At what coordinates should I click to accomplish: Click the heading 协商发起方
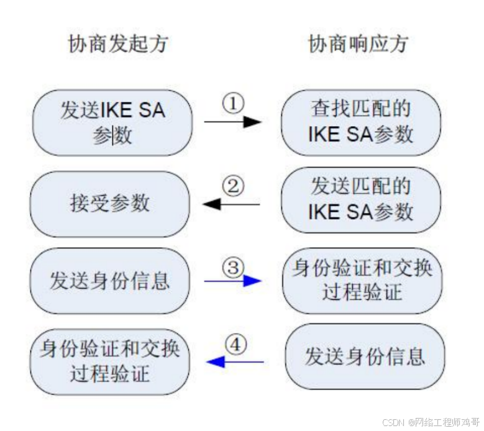[118, 44]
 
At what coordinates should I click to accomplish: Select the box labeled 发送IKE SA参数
[112, 122]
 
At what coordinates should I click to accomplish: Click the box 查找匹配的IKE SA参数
[360, 122]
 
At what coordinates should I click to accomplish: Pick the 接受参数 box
[110, 204]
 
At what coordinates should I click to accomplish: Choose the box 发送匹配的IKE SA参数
[360, 199]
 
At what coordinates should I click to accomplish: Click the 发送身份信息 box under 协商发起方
[110, 281]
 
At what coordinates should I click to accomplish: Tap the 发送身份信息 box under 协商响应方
[365, 356]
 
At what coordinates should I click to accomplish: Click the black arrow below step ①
[233, 122]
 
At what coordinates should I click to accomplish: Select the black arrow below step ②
[231, 204]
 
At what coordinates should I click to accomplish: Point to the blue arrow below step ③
[233, 281]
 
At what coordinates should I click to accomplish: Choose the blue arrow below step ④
[235, 361]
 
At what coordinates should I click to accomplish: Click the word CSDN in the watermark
[393, 422]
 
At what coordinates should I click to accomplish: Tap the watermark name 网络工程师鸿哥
[445, 422]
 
